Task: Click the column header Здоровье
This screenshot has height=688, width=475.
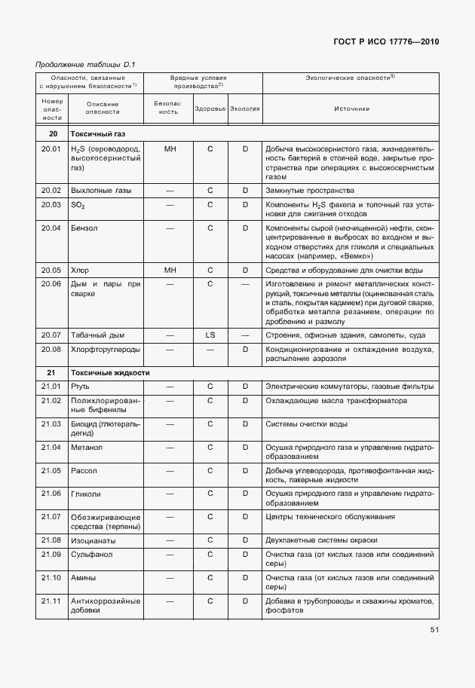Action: coord(210,109)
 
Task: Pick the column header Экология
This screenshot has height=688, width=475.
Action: coord(245,109)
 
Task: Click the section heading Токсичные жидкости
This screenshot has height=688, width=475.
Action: coord(110,372)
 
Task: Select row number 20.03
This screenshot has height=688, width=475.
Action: coord(51,205)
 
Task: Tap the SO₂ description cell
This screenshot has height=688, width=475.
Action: coord(78,205)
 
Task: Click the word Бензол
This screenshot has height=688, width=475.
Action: coord(84,227)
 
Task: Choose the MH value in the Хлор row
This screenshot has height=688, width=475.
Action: coord(170,270)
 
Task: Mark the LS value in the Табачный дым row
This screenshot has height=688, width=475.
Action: coord(210,335)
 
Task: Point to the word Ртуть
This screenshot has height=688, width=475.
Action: coord(80,387)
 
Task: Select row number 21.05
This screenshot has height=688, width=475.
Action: coord(51,470)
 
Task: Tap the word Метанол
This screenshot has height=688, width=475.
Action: coord(87,448)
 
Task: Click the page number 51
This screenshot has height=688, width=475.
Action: coord(434,629)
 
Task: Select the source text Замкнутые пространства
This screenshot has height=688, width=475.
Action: coord(310,191)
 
